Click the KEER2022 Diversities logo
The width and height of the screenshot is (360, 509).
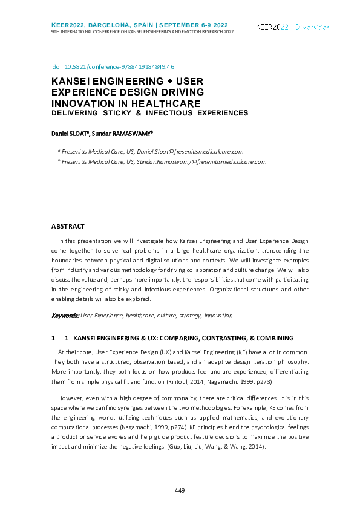point(293,27)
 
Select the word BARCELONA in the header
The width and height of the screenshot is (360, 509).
point(114,23)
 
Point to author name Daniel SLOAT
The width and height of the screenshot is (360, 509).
point(70,132)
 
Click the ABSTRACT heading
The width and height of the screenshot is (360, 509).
point(68,226)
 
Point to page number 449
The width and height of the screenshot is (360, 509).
point(179,490)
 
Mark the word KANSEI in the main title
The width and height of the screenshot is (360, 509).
point(70,81)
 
